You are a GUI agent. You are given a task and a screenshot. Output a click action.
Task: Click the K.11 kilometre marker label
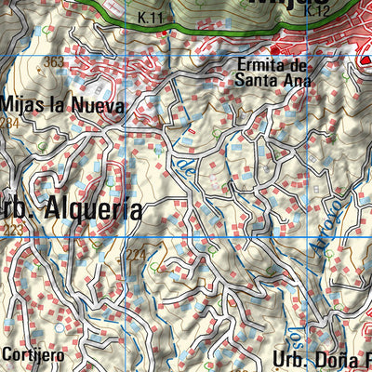click(149, 18)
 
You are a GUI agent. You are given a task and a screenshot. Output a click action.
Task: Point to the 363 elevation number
click(54, 62)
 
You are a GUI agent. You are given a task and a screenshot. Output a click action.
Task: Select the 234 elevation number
click(9, 123)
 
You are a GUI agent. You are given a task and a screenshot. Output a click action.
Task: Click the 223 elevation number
click(12, 231)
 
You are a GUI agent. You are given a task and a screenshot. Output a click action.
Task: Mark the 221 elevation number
click(136, 252)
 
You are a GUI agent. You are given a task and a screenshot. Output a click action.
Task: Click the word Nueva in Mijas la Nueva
click(99, 105)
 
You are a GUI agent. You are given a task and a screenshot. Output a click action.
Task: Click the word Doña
click(341, 358)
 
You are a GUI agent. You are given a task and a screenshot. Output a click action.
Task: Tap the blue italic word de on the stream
click(186, 168)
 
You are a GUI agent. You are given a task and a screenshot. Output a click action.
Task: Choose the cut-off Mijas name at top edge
click(283, 5)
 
